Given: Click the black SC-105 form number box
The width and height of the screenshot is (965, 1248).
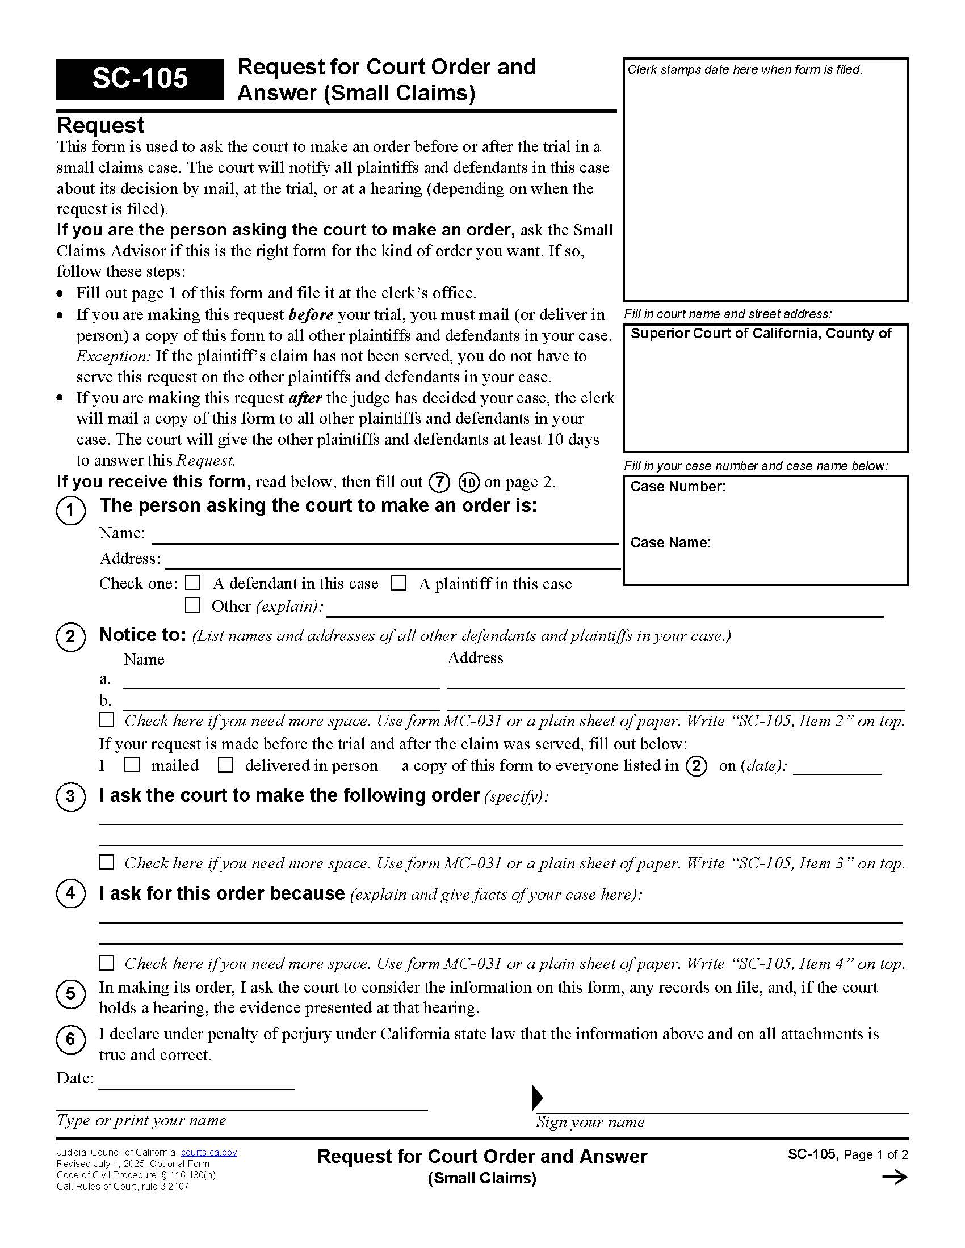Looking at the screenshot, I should (140, 79).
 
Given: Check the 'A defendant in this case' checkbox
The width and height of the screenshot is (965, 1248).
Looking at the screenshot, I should (193, 583).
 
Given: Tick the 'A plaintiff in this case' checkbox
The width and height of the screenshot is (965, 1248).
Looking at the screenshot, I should (398, 583).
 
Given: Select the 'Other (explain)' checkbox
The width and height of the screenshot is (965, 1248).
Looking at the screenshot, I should (192, 605).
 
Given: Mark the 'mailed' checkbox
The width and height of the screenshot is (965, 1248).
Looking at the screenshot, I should (132, 765).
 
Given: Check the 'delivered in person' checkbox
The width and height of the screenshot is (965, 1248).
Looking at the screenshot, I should (226, 765).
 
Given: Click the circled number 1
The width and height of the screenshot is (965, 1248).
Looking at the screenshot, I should (71, 510).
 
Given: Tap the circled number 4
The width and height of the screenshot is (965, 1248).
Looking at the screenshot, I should (71, 893).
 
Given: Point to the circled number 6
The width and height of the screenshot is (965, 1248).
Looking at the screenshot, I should (71, 1039).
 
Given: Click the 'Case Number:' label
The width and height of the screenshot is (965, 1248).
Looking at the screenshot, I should (677, 487).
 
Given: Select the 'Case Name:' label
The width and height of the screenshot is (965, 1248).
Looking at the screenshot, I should (670, 543).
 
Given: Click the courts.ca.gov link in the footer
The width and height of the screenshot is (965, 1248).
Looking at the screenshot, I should (209, 1153).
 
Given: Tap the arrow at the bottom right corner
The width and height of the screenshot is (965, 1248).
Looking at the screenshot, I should (895, 1177).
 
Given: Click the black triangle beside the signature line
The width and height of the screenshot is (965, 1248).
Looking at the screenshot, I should (537, 1097).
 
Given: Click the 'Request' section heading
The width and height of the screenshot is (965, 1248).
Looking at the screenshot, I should (100, 125).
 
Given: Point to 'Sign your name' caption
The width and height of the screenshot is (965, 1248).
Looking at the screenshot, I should (590, 1122).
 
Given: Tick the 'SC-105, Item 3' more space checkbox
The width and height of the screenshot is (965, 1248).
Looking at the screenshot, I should (106, 862).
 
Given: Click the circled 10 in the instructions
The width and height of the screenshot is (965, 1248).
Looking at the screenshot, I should (469, 483).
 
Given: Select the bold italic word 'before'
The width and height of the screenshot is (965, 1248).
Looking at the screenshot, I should (311, 315).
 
